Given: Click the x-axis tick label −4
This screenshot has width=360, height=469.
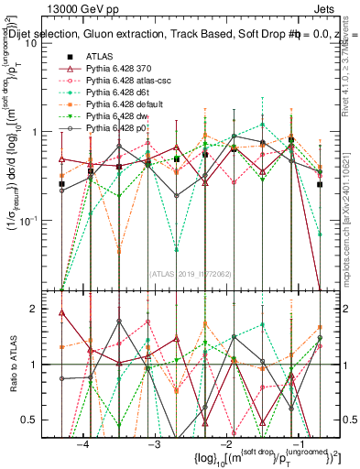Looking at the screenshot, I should (x=83, y=442).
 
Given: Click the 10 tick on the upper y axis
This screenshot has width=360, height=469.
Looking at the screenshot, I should (x=44, y=42).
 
